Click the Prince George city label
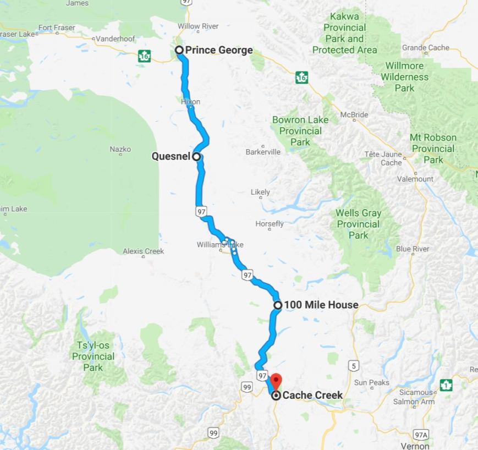click(219, 51)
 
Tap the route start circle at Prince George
click(179, 50)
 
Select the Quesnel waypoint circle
click(196, 156)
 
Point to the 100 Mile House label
click(321, 305)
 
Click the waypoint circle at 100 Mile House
click(278, 305)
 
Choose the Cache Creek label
click(312, 395)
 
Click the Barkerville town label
click(263, 151)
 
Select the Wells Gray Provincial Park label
click(359, 224)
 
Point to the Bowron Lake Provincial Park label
click(300, 131)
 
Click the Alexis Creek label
click(143, 251)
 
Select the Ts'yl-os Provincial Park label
click(93, 356)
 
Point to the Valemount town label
click(415, 179)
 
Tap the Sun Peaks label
click(372, 382)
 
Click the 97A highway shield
click(421, 435)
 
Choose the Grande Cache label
click(426, 48)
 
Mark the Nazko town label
click(120, 149)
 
